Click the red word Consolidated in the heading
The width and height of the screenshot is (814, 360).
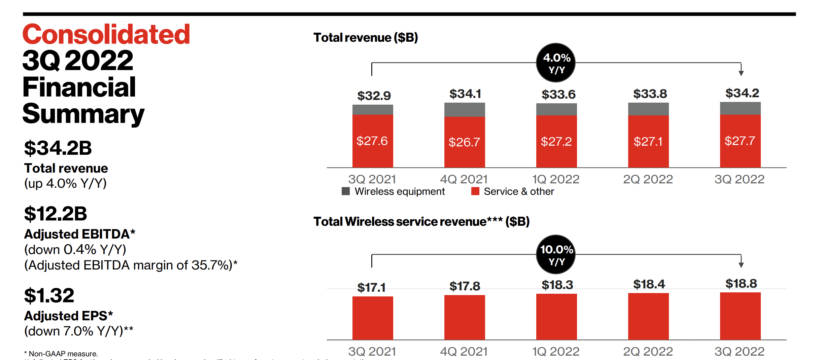coord(106,35)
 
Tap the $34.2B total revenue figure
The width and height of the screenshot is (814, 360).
coord(58,148)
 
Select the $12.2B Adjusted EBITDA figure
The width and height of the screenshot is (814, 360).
coord(56,214)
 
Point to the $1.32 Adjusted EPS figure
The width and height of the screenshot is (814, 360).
coord(49,296)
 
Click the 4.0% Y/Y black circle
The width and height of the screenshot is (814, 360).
coord(555,63)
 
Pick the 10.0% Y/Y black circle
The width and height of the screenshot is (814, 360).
coord(555,255)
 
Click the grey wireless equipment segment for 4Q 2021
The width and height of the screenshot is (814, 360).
coord(465,110)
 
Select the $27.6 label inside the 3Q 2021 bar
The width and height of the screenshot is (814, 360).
coord(372,141)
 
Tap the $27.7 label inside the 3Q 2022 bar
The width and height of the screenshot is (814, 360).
coord(740,141)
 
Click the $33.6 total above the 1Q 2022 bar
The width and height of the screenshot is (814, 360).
coord(558,95)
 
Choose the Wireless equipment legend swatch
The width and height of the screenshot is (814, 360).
coord(346,191)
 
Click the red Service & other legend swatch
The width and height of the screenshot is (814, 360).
coord(475,191)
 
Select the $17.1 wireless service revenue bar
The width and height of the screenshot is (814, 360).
coord(373,318)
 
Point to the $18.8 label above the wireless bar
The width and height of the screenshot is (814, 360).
coord(741,284)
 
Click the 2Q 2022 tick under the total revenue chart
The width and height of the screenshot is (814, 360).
coord(648,179)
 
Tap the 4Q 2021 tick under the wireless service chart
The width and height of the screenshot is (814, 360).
coord(464,352)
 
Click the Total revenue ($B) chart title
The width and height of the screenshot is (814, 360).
coord(366,38)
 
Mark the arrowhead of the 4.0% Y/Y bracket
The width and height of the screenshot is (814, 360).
coord(741,73)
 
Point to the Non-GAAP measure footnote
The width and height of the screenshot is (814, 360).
coord(61,354)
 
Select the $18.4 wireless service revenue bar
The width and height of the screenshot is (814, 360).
coord(648,316)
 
